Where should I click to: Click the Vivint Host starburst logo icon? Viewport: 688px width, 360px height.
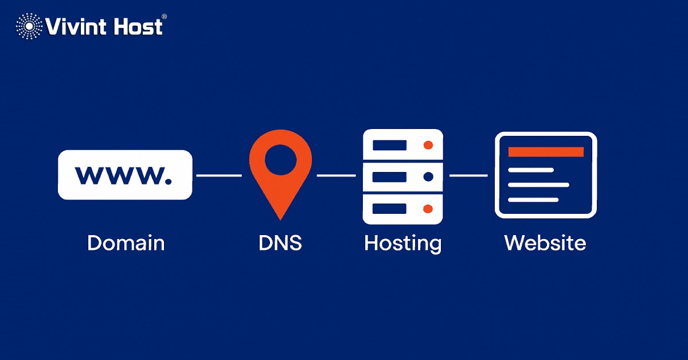[x=29, y=26]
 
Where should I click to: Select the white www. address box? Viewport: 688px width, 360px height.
[x=124, y=175]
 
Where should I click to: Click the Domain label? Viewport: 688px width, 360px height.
[x=126, y=242]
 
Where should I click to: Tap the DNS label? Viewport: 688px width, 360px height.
[x=280, y=242]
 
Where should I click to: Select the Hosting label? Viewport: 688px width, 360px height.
[x=402, y=243]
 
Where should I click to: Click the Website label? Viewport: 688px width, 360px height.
[x=545, y=242]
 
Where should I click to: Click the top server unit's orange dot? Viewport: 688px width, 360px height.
[x=428, y=145]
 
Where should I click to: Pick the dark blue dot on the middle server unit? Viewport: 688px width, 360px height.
[x=428, y=177]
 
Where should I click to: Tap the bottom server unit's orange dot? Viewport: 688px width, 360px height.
[x=428, y=208]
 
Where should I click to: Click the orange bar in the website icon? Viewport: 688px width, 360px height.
[x=546, y=152]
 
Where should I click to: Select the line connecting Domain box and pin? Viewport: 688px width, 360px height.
[x=219, y=175]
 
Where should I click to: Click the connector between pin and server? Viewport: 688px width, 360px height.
[x=337, y=175]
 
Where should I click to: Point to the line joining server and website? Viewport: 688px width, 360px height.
[x=468, y=175]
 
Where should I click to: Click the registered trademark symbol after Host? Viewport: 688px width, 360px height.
[x=165, y=17]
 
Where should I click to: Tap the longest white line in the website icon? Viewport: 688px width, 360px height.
[x=538, y=185]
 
